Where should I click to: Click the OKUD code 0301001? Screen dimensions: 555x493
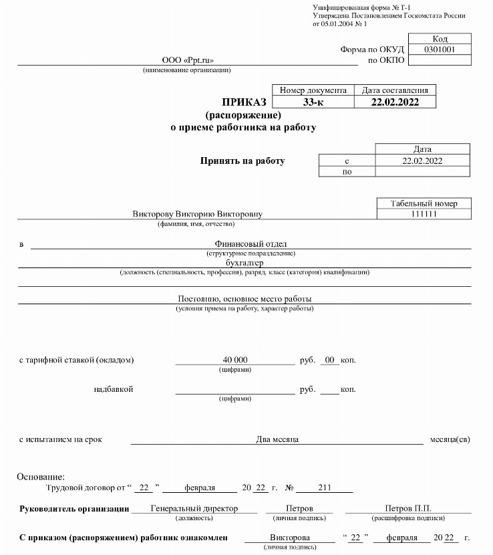tap(439, 49)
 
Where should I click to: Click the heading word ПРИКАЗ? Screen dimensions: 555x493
tap(244, 102)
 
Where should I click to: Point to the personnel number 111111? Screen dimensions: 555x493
tap(424, 214)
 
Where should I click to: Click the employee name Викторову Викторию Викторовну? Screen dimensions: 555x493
tap(198, 214)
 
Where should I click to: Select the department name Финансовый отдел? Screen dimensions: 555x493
tap(251, 244)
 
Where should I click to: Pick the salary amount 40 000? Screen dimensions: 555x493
tap(234, 360)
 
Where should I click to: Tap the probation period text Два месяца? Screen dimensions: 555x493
tap(277, 439)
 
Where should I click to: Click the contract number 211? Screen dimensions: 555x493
tap(325, 487)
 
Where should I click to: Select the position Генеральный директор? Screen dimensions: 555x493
tap(194, 508)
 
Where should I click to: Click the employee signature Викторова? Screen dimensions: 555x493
tap(289, 538)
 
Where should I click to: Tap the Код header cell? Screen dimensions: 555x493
tap(439, 39)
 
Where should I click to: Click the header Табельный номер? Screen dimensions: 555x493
tap(424, 203)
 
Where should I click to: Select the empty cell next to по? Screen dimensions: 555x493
tap(422, 172)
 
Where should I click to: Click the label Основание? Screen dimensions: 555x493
tap(41, 477)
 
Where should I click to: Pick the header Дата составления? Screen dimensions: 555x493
tap(395, 90)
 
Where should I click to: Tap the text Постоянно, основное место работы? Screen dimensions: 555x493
tap(244, 298)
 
